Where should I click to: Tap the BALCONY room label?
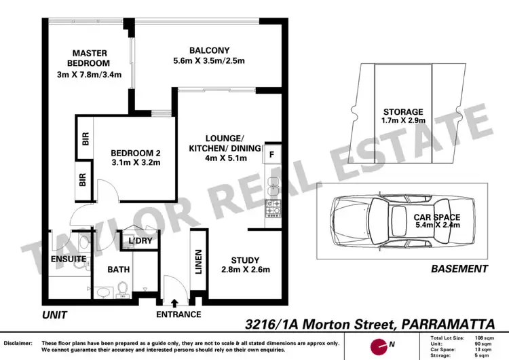209,50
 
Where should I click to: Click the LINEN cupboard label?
199,262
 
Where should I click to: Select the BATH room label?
118,270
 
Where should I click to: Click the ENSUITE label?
67,259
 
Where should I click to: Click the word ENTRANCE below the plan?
178,314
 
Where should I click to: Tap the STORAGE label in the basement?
402,112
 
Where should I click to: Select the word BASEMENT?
459,269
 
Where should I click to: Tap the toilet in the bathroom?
123,290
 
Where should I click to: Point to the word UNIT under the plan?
56,315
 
